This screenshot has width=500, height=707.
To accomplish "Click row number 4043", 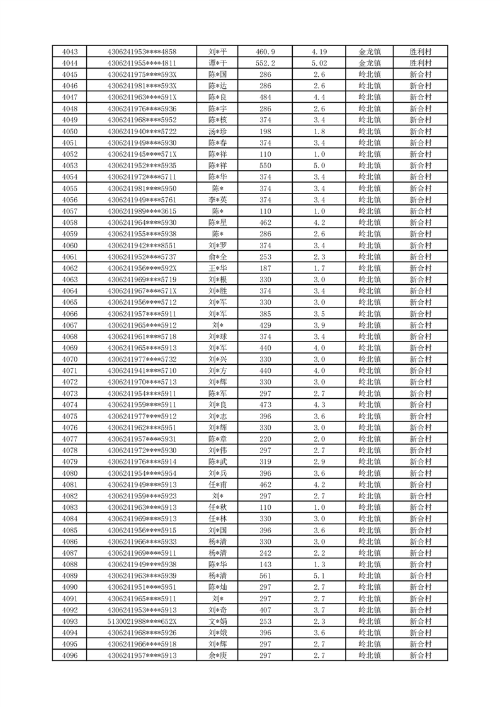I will [70, 52].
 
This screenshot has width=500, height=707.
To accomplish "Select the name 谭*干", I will [218, 63].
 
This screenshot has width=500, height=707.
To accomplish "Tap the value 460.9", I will [265, 52].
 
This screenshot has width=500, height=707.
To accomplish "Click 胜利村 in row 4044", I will [420, 63].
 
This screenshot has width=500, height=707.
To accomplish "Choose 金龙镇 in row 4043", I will [370, 52].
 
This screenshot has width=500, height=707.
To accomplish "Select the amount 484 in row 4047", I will [265, 97].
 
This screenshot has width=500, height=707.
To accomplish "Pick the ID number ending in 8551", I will [142, 245].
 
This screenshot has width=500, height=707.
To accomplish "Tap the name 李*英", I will [218, 200].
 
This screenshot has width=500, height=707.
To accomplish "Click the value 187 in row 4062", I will [265, 268].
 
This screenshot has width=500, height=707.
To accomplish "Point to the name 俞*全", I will [218, 256].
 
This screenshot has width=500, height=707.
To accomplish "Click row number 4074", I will [70, 405].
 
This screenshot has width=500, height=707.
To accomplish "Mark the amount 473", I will [265, 405].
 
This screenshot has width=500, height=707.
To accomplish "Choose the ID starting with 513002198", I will [142, 621].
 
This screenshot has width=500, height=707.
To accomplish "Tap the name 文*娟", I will [218, 621].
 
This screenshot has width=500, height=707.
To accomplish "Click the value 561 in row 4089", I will [265, 575].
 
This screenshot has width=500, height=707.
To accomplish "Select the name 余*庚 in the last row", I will [218, 655].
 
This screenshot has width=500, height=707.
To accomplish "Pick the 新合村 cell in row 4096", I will [420, 655].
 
